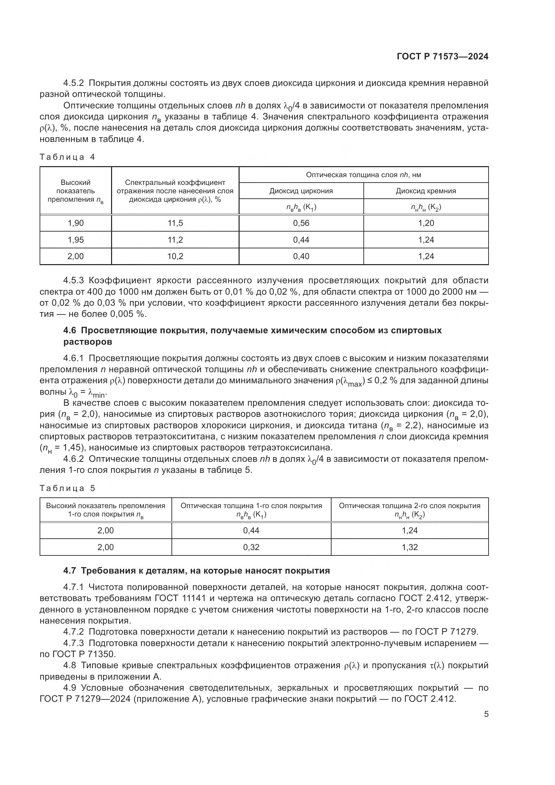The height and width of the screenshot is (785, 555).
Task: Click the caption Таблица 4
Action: [x=67, y=157]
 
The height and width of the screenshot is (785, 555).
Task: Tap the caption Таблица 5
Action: [x=67, y=488]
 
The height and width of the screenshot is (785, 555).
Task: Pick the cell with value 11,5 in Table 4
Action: [x=175, y=223]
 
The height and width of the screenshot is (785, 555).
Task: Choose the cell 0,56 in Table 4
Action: [x=301, y=223]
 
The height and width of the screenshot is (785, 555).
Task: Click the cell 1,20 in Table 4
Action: [x=426, y=223]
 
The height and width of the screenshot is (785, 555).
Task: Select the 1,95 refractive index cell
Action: [x=75, y=240]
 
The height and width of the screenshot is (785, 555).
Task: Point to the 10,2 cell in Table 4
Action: [x=175, y=256]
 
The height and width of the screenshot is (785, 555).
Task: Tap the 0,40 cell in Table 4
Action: [x=301, y=256]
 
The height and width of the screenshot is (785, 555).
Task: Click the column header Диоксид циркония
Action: [x=301, y=191]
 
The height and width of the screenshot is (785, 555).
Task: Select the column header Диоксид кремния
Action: [x=426, y=191]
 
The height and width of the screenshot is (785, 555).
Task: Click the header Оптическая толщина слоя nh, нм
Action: [x=363, y=175]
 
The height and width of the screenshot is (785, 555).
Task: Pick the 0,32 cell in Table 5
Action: [x=251, y=547]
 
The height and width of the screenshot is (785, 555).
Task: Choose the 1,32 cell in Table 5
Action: [x=409, y=547]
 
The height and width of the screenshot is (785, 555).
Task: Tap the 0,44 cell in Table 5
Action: [x=251, y=530]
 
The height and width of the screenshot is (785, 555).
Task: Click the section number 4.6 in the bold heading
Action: [x=70, y=330]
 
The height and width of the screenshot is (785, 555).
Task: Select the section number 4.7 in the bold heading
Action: [x=70, y=571]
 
